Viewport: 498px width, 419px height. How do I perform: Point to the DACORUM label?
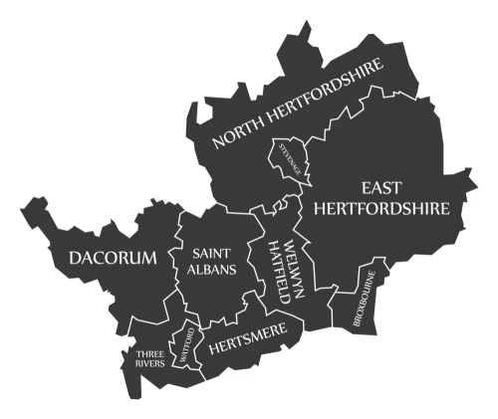pyautogui.click(x=113, y=259)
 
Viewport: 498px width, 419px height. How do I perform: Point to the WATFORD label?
pyautogui.click(x=184, y=345)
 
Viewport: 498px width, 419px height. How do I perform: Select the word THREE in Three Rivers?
pyautogui.click(x=150, y=352)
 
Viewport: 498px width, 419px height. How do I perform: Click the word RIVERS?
pyautogui.click(x=150, y=364)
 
